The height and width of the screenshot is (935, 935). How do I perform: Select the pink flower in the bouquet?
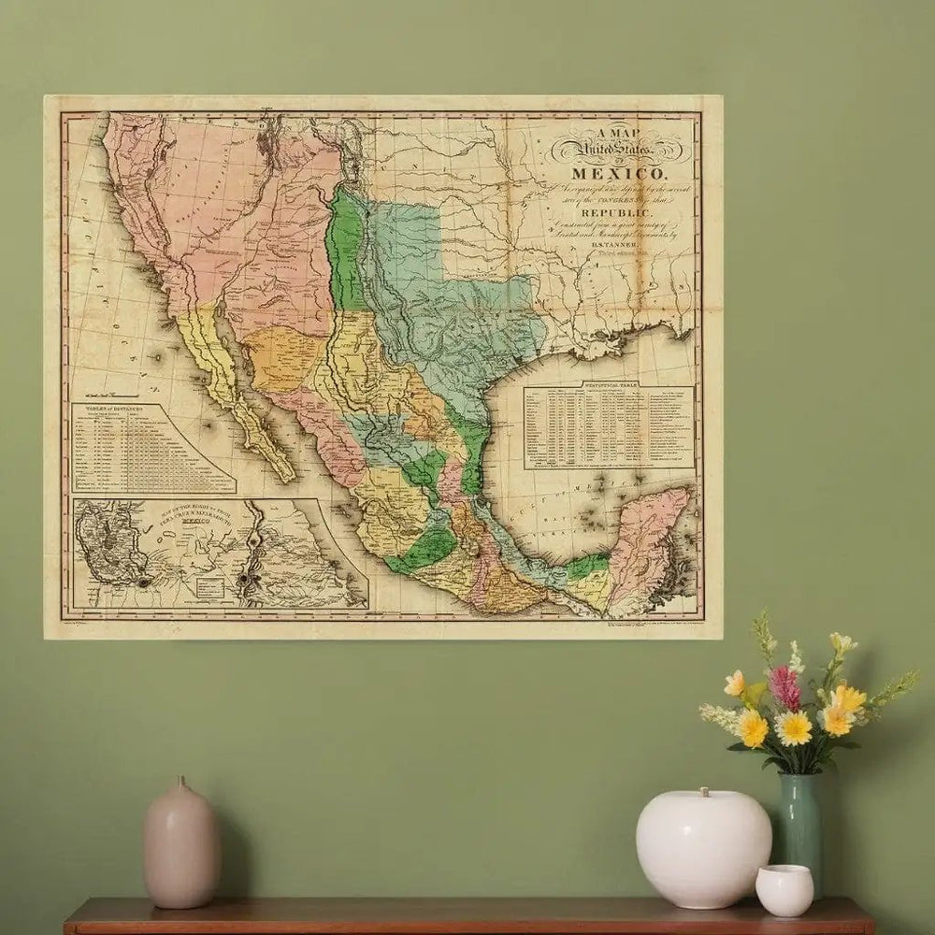785,688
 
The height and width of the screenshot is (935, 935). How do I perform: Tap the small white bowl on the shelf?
784,889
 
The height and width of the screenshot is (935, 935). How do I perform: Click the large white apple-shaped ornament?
703,846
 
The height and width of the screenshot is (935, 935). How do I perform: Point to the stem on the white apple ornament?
703,794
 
